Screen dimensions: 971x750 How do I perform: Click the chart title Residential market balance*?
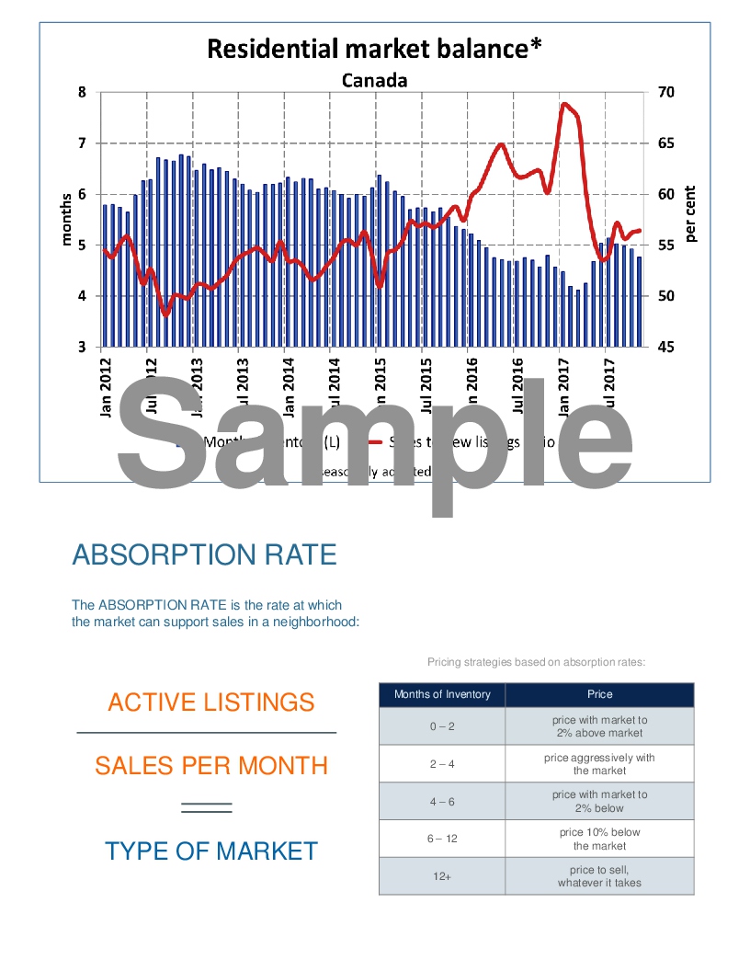(373, 48)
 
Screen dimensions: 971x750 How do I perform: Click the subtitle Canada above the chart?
(374, 80)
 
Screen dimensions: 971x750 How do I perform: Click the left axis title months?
(66, 219)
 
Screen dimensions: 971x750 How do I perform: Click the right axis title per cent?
(690, 213)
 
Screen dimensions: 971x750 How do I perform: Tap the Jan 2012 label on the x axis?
(105, 386)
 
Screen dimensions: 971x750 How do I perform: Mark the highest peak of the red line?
(563, 104)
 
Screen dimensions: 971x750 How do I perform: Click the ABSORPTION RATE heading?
(204, 554)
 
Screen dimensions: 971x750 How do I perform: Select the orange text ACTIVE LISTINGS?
(210, 703)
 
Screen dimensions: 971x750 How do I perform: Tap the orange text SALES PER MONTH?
(210, 765)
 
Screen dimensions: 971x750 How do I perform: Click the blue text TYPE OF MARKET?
(210, 851)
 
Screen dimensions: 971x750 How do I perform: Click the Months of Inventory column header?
(442, 694)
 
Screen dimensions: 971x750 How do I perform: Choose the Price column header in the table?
(599, 694)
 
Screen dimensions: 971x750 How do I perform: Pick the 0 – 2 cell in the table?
(442, 726)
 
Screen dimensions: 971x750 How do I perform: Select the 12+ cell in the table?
(442, 876)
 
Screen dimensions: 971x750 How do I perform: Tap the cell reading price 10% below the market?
(599, 839)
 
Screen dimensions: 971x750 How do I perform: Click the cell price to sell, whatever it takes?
(599, 876)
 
